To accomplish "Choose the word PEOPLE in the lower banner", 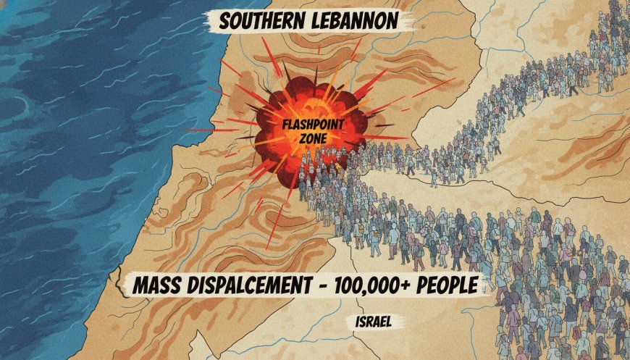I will click(x=452, y=284).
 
